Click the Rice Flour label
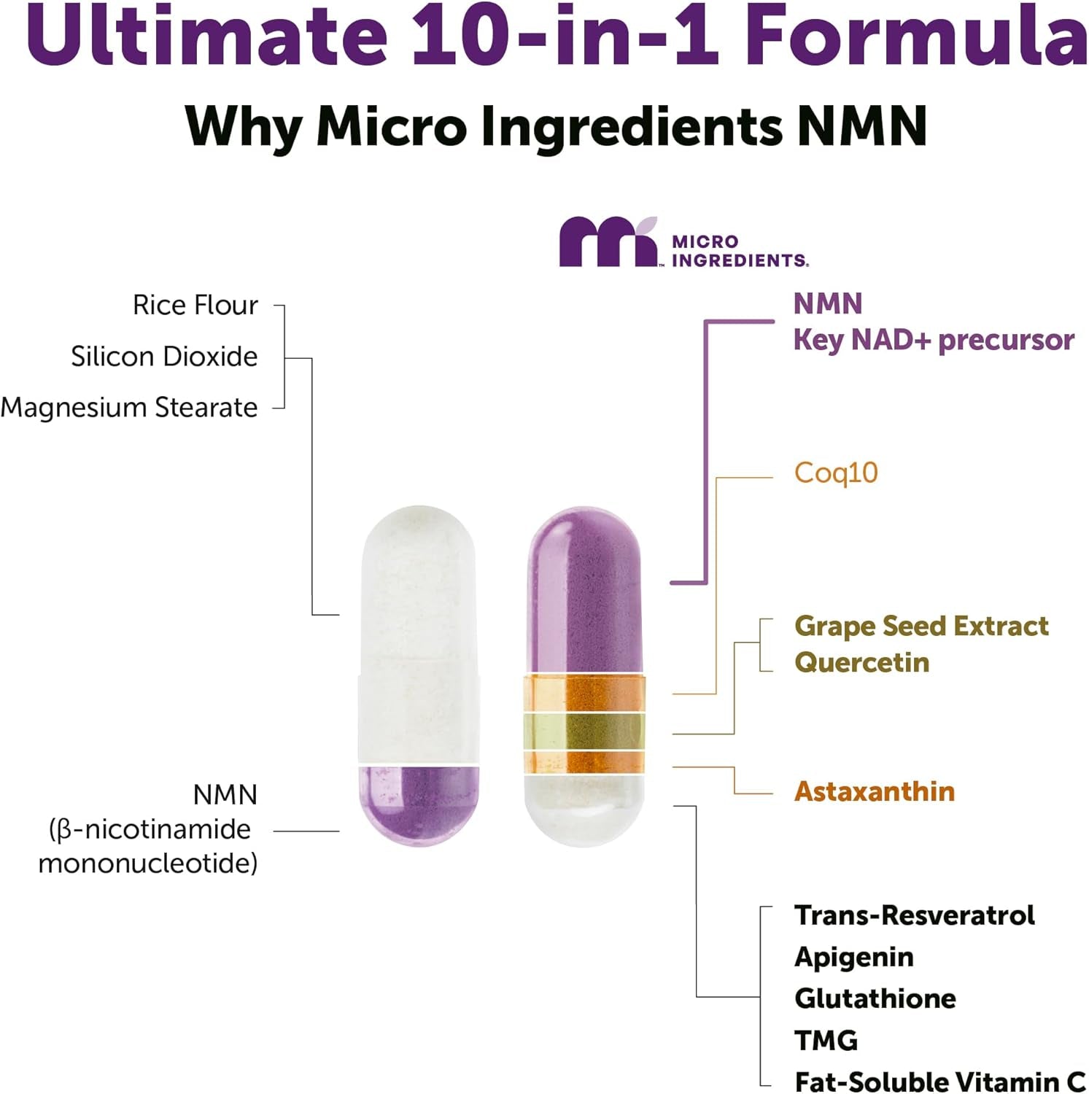click(195, 305)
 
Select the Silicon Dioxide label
click(164, 357)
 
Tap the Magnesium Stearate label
click(129, 408)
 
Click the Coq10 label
click(836, 473)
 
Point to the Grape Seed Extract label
click(921, 626)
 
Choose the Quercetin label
click(861, 662)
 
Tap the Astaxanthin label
click(874, 791)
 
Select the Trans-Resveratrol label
click(914, 915)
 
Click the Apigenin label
click(853, 957)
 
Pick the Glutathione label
click(875, 998)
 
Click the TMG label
click(826, 1040)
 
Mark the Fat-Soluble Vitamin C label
click(939, 1081)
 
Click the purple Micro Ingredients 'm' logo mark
click(607, 242)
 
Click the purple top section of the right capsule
click(585, 591)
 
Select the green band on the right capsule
click(584, 731)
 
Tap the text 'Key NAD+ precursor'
click(934, 340)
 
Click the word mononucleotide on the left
click(148, 864)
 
